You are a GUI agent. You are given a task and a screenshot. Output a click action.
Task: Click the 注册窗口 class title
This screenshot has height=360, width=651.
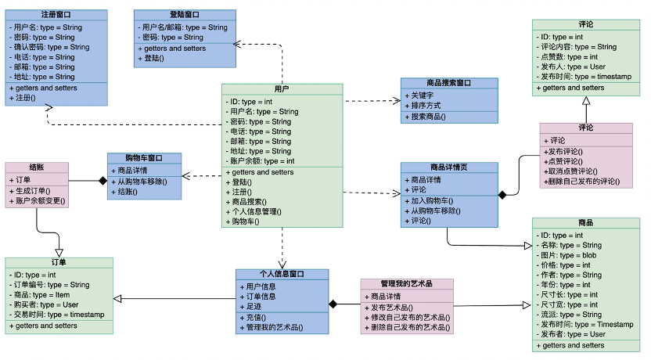click(56, 15)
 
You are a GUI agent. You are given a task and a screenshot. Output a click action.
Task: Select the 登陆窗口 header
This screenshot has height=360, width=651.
click(184, 15)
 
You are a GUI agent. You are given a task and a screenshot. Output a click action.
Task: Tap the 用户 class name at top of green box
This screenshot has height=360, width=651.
click(282, 89)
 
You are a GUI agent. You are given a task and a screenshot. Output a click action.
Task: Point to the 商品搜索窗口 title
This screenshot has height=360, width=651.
click(449, 83)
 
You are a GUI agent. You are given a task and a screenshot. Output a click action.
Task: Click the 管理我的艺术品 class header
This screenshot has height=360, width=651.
click(406, 284)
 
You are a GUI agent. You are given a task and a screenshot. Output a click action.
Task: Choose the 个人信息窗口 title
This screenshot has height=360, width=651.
click(282, 274)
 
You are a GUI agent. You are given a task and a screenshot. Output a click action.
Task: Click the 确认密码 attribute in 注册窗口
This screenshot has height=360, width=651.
click(52, 47)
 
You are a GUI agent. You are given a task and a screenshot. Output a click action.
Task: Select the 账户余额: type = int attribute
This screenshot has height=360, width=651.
click(262, 160)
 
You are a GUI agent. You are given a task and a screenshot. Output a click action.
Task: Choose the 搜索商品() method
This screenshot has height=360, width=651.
click(426, 117)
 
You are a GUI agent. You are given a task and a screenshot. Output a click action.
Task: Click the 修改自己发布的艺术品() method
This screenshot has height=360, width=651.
click(410, 318)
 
